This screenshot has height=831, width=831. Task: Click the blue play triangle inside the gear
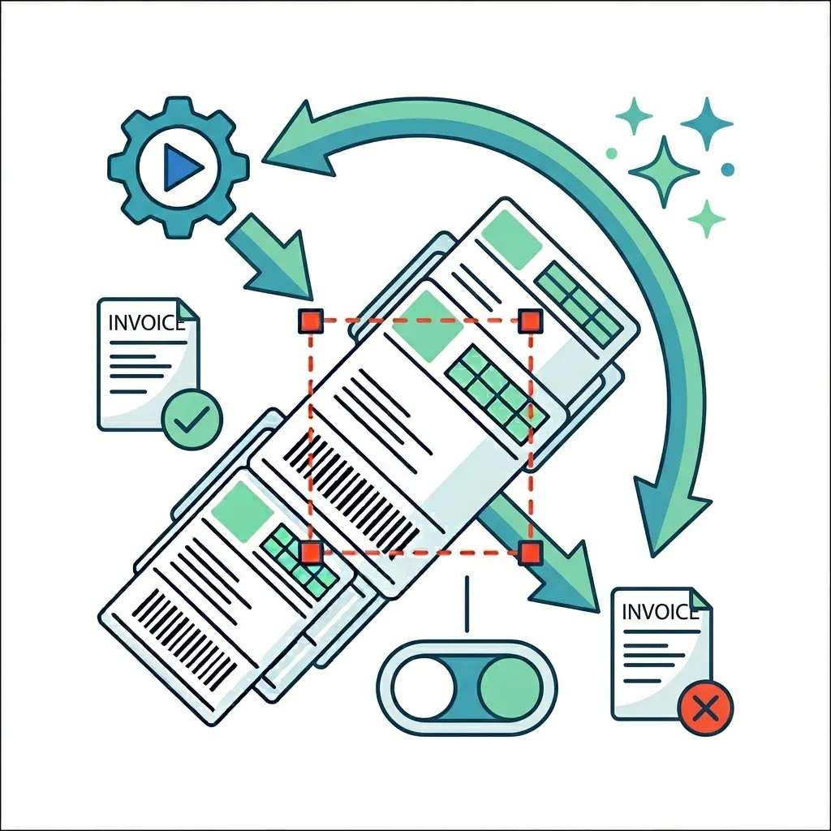181,167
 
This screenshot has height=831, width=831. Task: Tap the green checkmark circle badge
192,420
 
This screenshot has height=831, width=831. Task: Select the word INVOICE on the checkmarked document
146,323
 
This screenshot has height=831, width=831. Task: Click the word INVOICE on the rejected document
660,612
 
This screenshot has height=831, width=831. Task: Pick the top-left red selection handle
311,321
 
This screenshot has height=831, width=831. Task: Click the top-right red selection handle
531,321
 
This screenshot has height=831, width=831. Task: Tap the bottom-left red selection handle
311,553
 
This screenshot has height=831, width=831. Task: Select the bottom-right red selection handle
529,553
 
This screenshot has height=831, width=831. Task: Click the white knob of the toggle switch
424,687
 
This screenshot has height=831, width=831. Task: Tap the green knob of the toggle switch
510,687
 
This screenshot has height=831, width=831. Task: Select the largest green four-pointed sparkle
664,172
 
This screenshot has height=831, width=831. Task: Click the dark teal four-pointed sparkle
707,124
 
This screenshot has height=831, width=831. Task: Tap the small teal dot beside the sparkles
728,169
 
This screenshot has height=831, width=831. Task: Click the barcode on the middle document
351,496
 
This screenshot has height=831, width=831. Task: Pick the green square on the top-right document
511,239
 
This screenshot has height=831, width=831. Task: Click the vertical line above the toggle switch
467,604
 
